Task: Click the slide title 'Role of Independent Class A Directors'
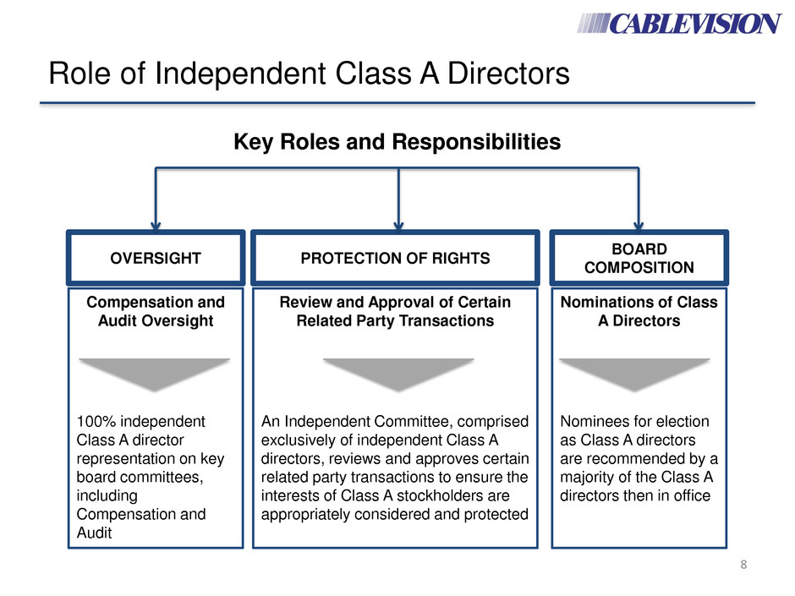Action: coord(308,77)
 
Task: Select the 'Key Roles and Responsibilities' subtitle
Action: coord(397,142)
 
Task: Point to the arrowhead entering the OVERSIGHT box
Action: coord(155,222)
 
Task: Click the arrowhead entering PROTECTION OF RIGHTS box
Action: coord(397,222)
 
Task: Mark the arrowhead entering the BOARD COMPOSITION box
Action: coord(639,222)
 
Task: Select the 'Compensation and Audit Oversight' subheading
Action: coord(155,311)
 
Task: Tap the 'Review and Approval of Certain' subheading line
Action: coord(395,302)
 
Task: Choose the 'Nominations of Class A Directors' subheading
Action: coord(639,311)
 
